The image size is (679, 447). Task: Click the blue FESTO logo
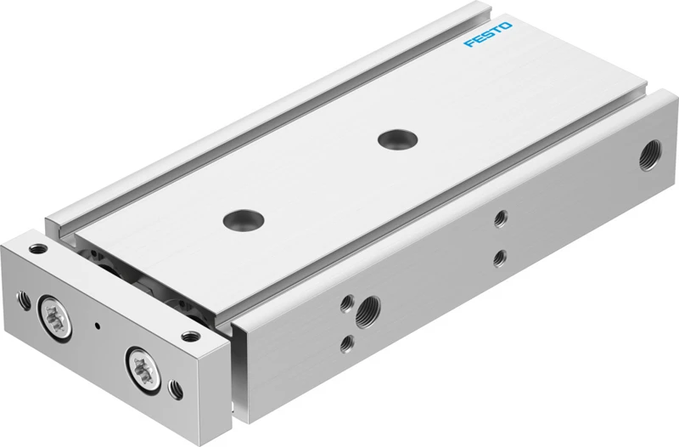(x=488, y=34)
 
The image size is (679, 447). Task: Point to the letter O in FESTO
(x=506, y=26)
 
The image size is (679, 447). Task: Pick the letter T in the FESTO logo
(x=497, y=31)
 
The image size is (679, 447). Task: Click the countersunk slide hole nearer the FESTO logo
(x=397, y=139)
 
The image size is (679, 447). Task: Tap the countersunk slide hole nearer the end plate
(x=244, y=220)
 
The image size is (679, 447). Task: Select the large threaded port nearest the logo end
(x=650, y=155)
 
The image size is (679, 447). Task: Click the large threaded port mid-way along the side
(x=368, y=312)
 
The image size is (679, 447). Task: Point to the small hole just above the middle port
(x=347, y=303)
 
